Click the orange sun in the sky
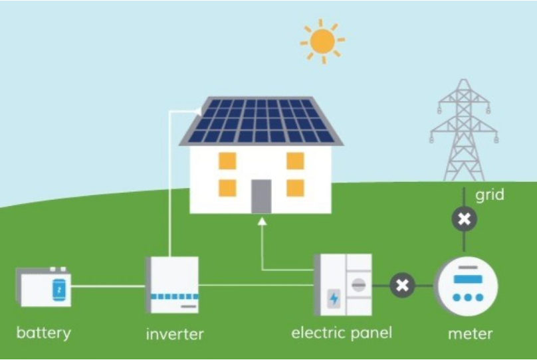point(322,41)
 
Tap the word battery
point(44,333)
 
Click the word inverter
point(175,334)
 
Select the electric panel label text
point(342,333)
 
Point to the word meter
point(471,333)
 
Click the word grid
point(490,195)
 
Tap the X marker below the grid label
point(464,219)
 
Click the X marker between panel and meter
point(402,285)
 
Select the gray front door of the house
point(261,197)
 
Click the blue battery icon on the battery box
point(59,290)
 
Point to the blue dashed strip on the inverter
point(175,296)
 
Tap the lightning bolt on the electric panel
point(334,298)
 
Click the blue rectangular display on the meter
point(468,279)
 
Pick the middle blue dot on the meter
point(468,298)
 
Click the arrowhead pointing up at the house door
point(262,222)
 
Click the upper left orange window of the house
point(227,161)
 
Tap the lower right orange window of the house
point(295,188)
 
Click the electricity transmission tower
point(464,130)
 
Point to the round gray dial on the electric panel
point(359,285)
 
